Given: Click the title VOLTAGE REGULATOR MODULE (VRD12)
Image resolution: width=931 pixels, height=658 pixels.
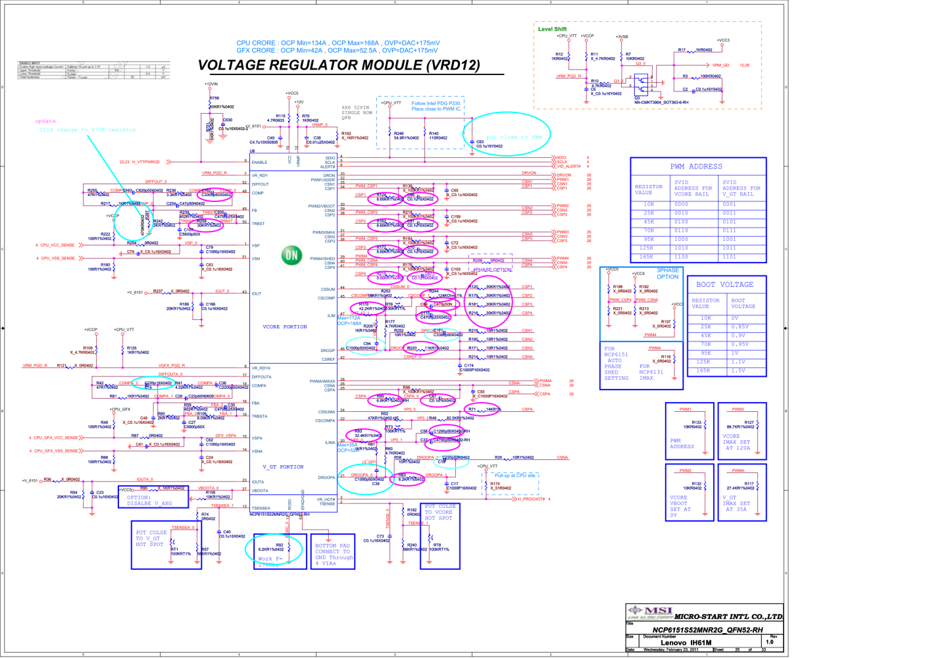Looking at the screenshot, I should click(339, 65).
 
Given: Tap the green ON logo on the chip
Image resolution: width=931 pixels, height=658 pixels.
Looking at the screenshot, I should click(291, 255).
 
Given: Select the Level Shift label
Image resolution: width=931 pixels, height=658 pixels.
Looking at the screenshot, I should click(552, 29).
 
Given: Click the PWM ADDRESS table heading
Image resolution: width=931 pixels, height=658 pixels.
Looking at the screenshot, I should click(696, 166).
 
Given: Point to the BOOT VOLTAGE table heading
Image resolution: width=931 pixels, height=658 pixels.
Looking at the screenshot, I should click(724, 284).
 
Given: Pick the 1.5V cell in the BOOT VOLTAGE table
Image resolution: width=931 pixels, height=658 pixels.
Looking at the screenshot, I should click(738, 370).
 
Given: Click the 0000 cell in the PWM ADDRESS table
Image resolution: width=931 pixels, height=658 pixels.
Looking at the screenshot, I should click(681, 204).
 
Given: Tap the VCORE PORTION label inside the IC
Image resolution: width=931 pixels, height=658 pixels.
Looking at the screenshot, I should click(285, 326).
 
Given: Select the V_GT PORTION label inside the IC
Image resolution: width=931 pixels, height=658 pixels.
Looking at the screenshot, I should click(283, 467).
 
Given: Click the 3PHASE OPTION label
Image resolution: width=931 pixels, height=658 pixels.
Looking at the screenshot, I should click(667, 273).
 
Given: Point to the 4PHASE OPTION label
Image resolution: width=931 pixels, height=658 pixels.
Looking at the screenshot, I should click(492, 270).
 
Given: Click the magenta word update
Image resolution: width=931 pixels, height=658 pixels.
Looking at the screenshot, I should click(45, 121).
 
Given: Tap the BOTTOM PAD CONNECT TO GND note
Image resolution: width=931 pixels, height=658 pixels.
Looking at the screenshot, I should click(333, 554).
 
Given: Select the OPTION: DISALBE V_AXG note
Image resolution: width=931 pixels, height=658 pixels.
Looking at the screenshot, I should click(149, 500).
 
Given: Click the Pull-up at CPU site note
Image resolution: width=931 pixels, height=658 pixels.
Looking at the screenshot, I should click(515, 475).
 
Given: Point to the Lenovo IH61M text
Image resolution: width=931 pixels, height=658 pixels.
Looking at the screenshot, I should click(686, 643).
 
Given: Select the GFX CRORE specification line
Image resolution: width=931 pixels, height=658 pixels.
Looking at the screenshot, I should click(337, 51).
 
